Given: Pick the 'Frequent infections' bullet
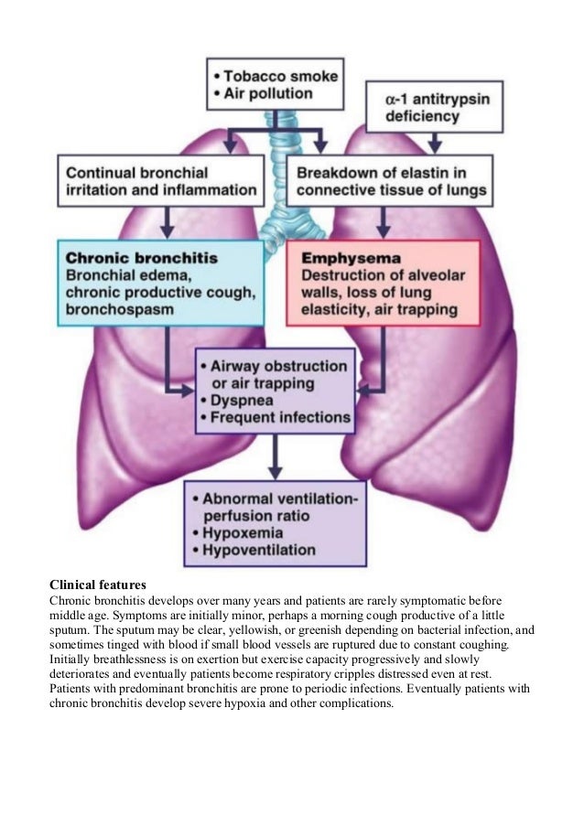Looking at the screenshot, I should click(x=279, y=418).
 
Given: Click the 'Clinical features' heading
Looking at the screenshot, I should click(x=97, y=583).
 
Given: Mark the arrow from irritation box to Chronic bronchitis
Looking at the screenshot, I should click(x=168, y=223).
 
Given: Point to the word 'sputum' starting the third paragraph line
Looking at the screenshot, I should click(x=69, y=630).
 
